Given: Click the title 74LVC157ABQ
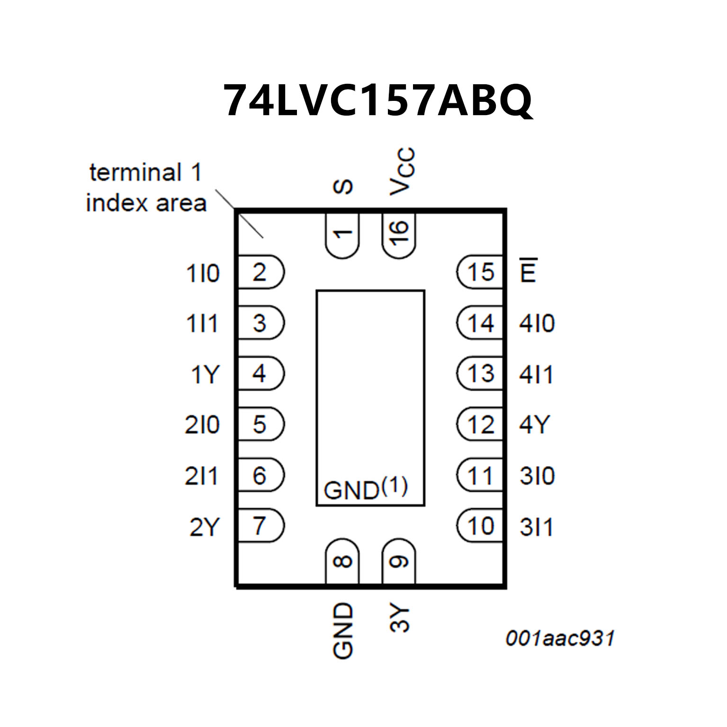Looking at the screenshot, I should click(377, 101).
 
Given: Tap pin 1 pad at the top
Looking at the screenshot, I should click(342, 235).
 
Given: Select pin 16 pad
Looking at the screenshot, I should click(399, 235).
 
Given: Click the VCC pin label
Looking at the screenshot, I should click(402, 171).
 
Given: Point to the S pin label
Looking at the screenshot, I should click(343, 187).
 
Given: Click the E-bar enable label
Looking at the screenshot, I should click(528, 270).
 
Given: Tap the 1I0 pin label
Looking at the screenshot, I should click(203, 274).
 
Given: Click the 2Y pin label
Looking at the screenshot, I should click(205, 527).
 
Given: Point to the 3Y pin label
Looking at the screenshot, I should click(400, 618).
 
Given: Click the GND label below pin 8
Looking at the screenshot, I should click(343, 630).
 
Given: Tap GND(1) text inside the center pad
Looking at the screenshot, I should click(365, 489).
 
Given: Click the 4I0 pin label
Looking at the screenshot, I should click(537, 324).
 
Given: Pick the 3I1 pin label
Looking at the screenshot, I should click(536, 527).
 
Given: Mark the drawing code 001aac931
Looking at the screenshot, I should click(559, 638).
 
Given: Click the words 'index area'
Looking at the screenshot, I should click(146, 203).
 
